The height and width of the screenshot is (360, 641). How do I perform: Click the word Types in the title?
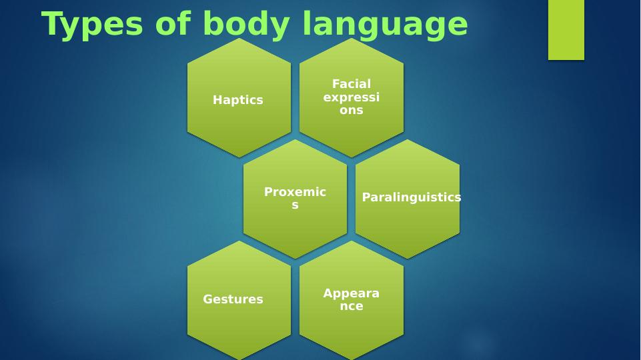pyautogui.click(x=93, y=25)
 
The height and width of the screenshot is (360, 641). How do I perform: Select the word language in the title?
pyautogui.click(x=385, y=26)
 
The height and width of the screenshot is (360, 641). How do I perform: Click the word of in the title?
pyautogui.click(x=173, y=25)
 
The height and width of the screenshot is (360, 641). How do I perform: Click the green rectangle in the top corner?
pyautogui.click(x=566, y=30)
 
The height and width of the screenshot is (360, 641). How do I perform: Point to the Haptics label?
pyautogui.click(x=238, y=100)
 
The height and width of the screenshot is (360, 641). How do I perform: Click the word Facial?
pyautogui.click(x=352, y=84)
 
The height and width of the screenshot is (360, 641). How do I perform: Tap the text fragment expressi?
pyautogui.click(x=351, y=97)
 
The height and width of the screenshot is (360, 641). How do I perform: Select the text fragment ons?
pyautogui.click(x=351, y=110)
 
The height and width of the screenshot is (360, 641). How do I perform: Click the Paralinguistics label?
pyautogui.click(x=412, y=197)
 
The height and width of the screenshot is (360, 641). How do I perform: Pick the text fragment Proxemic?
pyautogui.click(x=295, y=191)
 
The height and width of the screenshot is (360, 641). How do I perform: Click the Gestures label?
pyautogui.click(x=233, y=299)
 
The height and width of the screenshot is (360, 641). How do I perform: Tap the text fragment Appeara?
pyautogui.click(x=351, y=293)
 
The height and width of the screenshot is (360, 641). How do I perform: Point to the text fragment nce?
pyautogui.click(x=352, y=307)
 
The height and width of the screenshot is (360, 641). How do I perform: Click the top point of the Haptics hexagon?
pyautogui.click(x=239, y=39)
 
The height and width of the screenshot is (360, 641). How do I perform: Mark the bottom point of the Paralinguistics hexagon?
pyautogui.click(x=407, y=259)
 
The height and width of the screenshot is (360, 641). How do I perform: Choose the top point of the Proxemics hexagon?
pyautogui.click(x=295, y=140)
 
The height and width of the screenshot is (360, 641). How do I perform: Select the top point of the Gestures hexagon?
pyautogui.click(x=239, y=241)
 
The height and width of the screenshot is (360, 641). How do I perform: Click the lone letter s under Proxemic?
pyautogui.click(x=295, y=205)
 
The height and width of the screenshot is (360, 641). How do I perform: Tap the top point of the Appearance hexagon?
pyautogui.click(x=352, y=241)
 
